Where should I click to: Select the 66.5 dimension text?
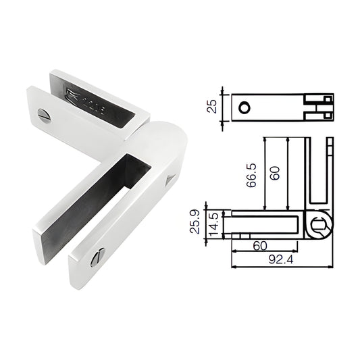[251, 174]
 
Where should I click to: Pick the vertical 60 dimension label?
[275, 173]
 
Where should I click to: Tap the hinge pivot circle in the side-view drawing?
[322, 225]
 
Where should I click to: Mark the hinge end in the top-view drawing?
[319, 107]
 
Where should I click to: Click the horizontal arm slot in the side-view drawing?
[267, 224]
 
